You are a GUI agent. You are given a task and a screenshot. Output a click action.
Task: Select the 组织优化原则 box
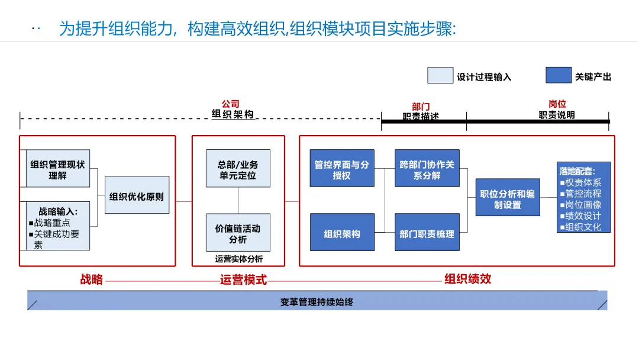(137, 195)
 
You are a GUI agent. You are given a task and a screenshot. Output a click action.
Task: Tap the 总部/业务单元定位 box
(238, 169)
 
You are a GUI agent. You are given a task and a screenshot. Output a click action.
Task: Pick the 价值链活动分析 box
(238, 233)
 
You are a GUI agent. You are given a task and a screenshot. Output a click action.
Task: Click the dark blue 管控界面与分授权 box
(342, 169)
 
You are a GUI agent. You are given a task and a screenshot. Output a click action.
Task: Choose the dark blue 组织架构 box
(342, 233)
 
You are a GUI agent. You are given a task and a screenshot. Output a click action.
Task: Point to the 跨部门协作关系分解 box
(427, 169)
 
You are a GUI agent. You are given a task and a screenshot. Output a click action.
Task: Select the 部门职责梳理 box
(427, 233)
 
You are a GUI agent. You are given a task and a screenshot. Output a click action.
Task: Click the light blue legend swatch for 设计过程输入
(440, 76)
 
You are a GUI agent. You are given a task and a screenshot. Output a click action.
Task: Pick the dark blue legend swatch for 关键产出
(559, 76)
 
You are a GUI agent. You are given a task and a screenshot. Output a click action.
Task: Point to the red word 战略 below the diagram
(92, 279)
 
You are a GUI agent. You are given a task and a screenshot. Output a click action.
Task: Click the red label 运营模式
(243, 279)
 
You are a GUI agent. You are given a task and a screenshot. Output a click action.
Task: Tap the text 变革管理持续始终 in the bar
(317, 302)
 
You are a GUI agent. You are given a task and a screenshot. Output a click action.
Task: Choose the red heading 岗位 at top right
(557, 104)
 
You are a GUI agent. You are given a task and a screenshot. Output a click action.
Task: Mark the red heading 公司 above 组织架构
(231, 104)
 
